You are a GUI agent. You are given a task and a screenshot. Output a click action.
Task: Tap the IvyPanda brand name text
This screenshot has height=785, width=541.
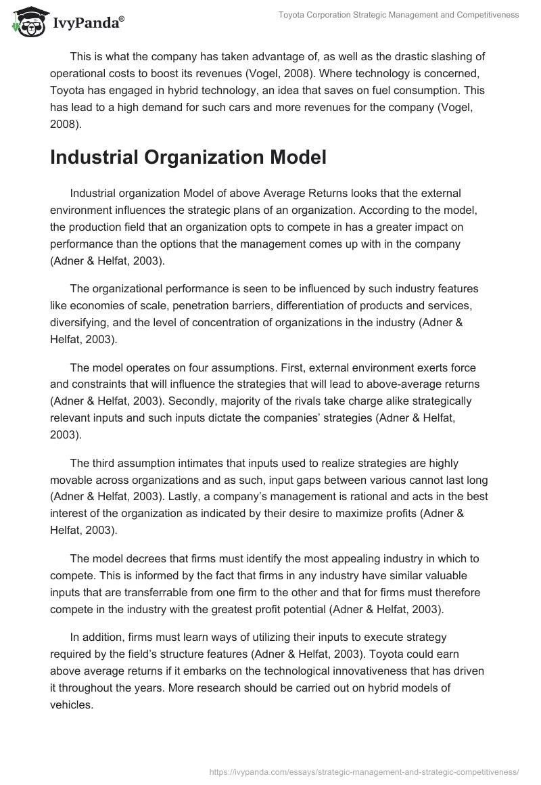coord(87,22)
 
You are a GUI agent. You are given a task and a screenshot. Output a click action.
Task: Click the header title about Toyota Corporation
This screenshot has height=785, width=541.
coord(398,15)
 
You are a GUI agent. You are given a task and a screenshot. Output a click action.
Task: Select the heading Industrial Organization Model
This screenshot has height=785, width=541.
coord(179,157)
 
